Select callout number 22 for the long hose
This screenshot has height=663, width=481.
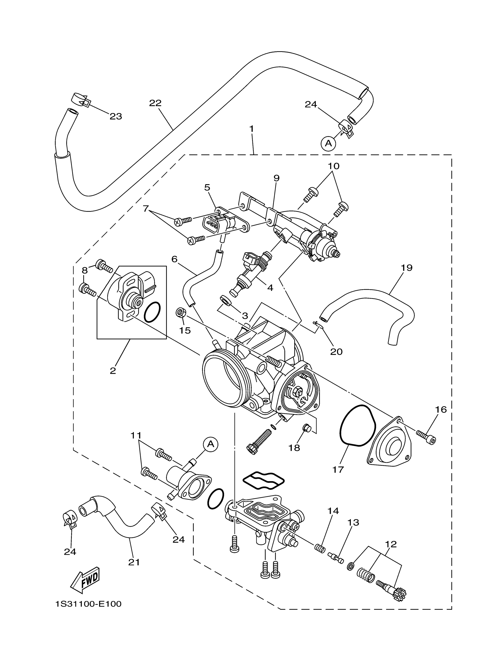pyautogui.click(x=155, y=103)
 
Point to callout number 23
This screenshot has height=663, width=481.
pyautogui.click(x=116, y=116)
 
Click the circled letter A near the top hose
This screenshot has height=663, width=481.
pyautogui.click(x=328, y=143)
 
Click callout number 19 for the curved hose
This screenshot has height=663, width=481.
pyautogui.click(x=407, y=268)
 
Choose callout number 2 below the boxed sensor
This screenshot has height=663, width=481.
pyautogui.click(x=113, y=371)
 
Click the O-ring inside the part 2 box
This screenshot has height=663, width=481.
pyautogui.click(x=153, y=312)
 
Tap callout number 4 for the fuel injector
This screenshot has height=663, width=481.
pyautogui.click(x=270, y=288)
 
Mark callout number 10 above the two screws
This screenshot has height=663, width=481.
pyautogui.click(x=334, y=166)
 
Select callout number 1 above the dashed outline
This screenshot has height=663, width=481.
pyautogui.click(x=252, y=129)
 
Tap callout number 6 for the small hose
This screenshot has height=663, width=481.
pyautogui.click(x=175, y=259)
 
